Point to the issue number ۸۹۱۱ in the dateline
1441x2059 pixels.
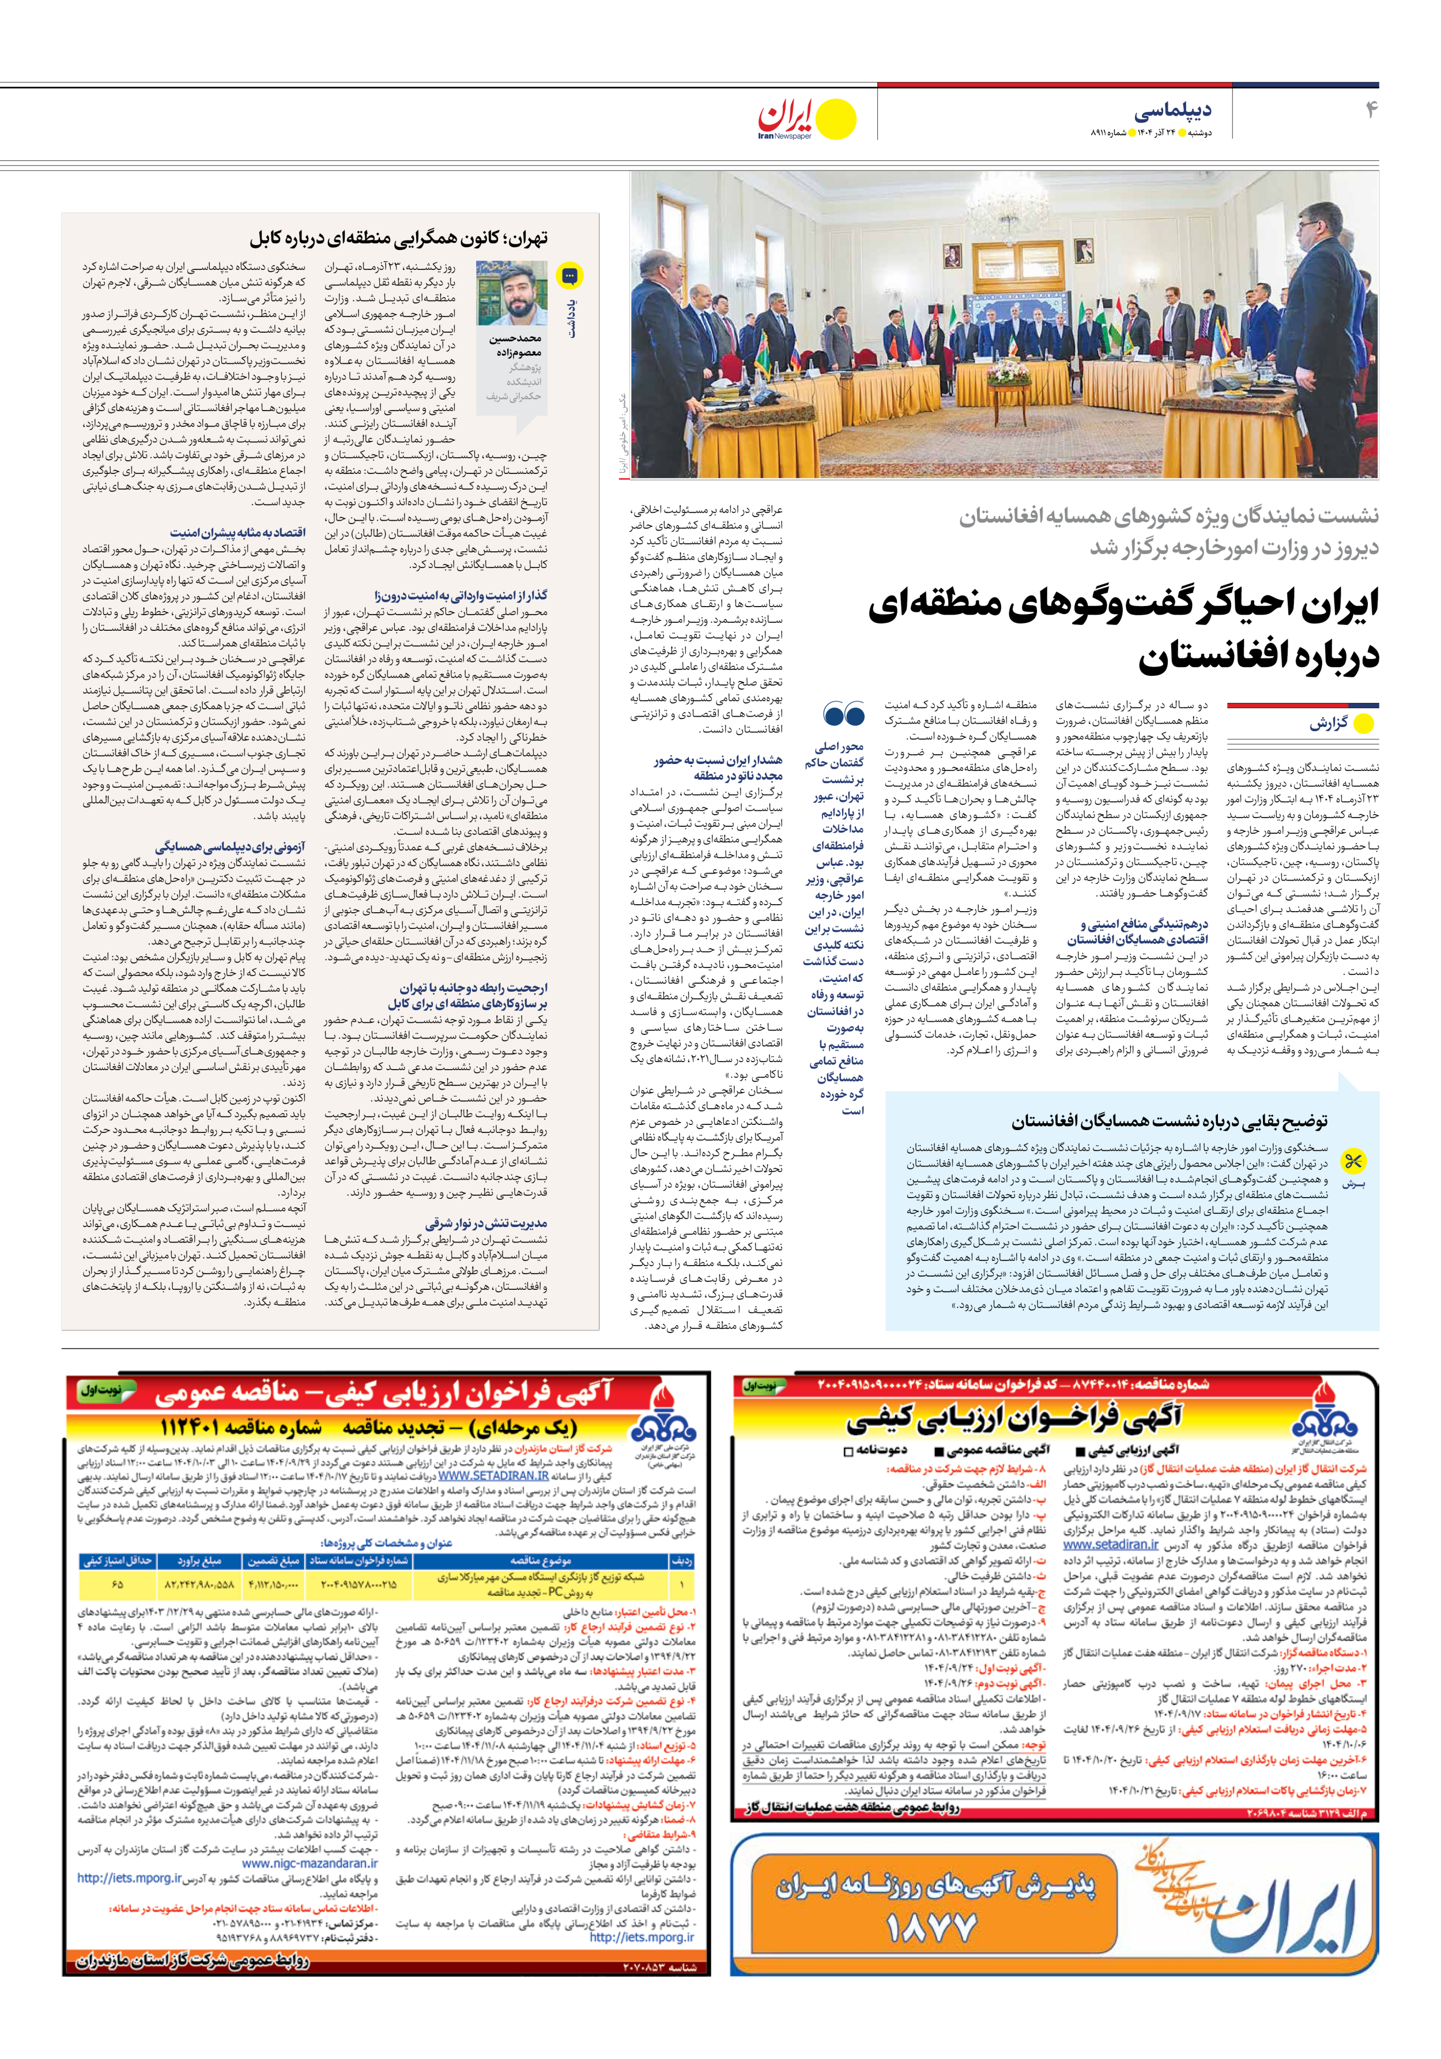tap(1104, 133)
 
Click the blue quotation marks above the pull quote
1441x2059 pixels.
tap(843, 715)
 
